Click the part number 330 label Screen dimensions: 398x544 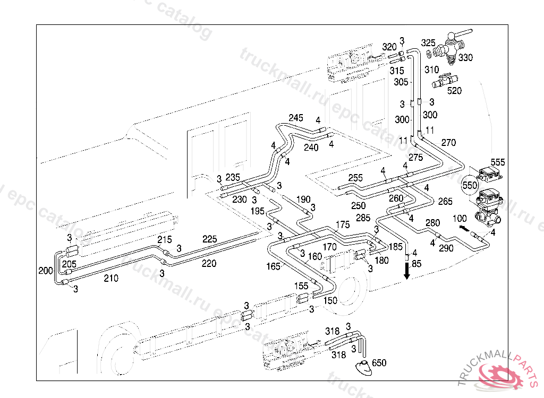[x=465, y=57]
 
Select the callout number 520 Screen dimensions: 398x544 [x=454, y=91]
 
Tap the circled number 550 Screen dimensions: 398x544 [x=470, y=185]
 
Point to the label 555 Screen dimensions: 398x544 [x=498, y=162]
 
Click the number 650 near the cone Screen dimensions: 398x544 [x=379, y=363]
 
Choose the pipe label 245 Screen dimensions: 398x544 [x=295, y=117]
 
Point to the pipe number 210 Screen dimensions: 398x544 [x=111, y=278]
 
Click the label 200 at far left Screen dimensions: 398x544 [x=46, y=271]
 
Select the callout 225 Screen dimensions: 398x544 [x=209, y=239]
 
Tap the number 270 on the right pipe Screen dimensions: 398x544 [x=448, y=142]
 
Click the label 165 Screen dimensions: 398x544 [x=273, y=266]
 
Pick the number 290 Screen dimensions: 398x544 [x=446, y=247]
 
